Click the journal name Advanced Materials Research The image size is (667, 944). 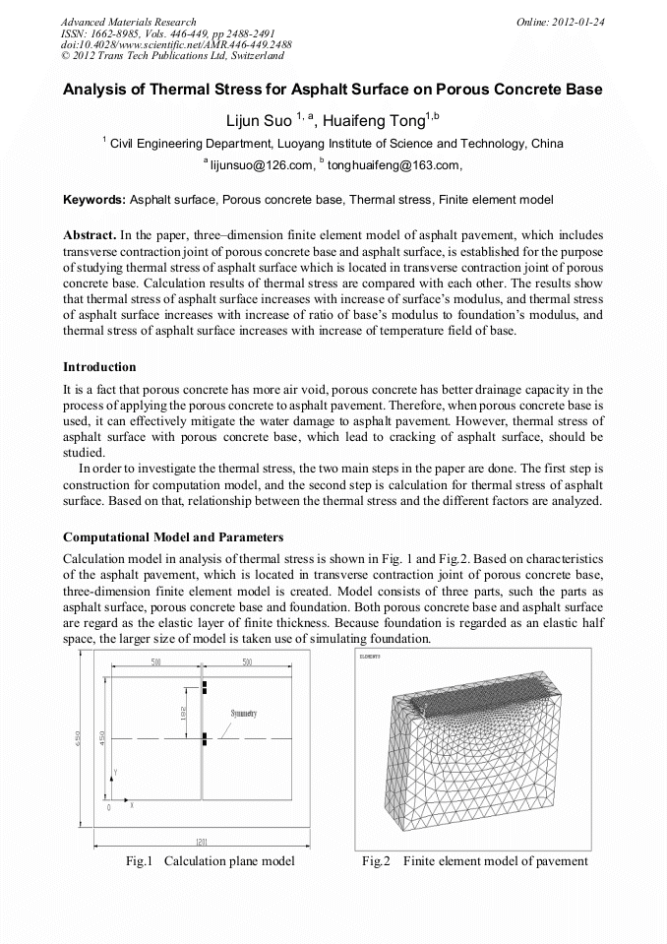tap(128, 22)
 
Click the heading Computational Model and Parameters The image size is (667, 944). tap(173, 537)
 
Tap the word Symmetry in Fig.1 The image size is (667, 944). tap(244, 713)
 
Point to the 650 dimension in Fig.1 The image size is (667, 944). tap(79, 741)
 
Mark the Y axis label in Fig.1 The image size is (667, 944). tap(116, 771)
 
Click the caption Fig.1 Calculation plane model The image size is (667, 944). tap(211, 861)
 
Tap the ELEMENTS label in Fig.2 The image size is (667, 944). tap(371, 656)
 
